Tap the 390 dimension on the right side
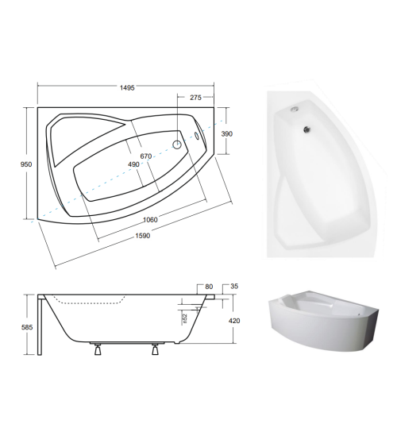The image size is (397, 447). pos(227,135)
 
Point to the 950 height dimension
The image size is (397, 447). pos(25,164)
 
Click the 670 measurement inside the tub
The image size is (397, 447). pos(146,156)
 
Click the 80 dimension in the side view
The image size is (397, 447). pos(209,287)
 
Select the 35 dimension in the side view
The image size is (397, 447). pos(234,287)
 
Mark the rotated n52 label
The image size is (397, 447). pos(184,319)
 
